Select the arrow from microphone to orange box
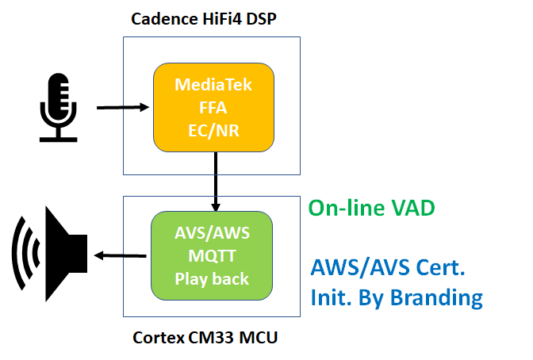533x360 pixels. [x=123, y=106]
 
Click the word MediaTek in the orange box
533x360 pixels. [x=213, y=85]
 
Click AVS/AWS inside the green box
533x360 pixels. [x=211, y=234]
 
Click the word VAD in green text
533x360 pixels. [x=416, y=208]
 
